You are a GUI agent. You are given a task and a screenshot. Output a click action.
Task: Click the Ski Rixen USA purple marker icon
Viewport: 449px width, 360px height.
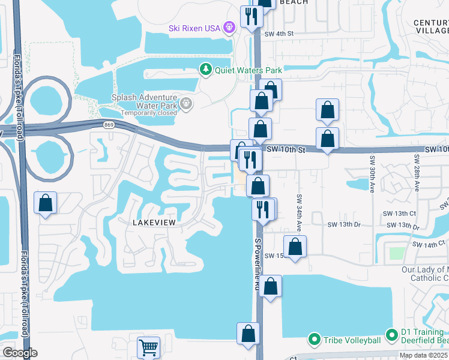click(x=228, y=27)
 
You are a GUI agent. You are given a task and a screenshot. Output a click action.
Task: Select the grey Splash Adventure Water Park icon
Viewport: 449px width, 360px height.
click(x=186, y=104)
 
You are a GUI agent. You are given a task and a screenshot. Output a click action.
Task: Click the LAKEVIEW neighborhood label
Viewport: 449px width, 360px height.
click(x=153, y=223)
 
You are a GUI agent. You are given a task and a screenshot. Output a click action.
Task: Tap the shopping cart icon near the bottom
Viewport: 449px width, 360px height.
click(x=148, y=347)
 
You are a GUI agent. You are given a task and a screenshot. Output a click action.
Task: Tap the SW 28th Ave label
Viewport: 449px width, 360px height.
click(x=415, y=173)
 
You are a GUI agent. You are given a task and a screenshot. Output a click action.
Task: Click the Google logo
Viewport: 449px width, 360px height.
click(x=20, y=353)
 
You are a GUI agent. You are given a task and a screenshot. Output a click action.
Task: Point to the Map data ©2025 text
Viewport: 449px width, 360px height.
click(x=424, y=355)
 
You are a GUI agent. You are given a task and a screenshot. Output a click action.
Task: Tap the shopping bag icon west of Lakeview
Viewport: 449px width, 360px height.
click(x=46, y=203)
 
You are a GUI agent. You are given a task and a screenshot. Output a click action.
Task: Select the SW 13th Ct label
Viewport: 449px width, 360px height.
click(x=400, y=213)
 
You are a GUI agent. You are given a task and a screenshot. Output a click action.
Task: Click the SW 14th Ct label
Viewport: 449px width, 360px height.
click(x=429, y=244)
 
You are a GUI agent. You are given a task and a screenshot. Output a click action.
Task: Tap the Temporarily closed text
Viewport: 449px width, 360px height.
click(x=148, y=113)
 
